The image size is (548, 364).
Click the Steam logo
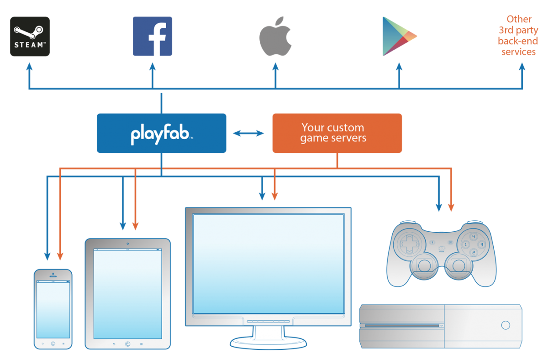pos(30,36)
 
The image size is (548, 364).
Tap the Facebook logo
pos(153,36)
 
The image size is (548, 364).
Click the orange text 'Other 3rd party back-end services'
pos(519,36)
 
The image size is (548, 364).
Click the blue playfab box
pos(162,133)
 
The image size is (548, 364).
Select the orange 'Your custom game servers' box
pos(337,133)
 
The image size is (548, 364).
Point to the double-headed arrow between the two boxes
pos(248,133)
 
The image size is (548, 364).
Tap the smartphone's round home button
pos(53,343)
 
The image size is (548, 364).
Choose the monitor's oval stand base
pos(268,342)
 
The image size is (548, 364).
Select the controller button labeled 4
pos(474,236)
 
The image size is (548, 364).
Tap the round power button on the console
pos(505,325)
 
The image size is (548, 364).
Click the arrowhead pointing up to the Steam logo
pos(30,67)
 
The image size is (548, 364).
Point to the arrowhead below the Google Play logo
pos(399,67)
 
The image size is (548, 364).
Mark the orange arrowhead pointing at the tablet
pos(135,225)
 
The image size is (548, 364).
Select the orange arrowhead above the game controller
pos(451,208)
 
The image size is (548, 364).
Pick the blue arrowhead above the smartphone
pos(47,256)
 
